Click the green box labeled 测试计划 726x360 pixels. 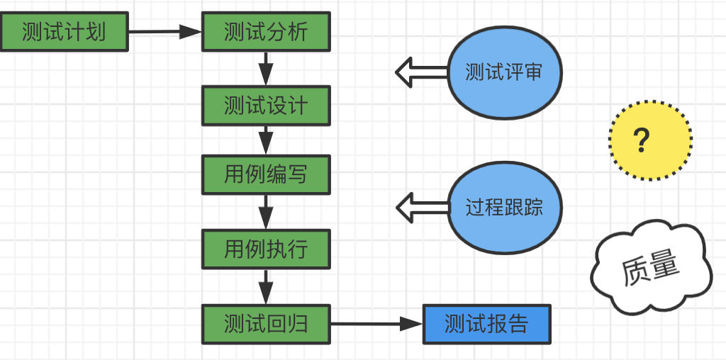coord(64,32)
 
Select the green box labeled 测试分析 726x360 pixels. coord(266,32)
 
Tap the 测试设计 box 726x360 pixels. coord(266,106)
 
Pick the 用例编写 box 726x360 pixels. coord(266,174)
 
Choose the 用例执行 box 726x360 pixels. coord(266,249)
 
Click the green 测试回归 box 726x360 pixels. coord(266,324)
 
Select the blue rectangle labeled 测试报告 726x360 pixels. coord(486,324)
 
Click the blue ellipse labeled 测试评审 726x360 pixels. coord(504,72)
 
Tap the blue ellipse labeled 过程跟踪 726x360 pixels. coord(504,208)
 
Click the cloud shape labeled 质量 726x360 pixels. coord(650,269)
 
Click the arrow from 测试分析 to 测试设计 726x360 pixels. coord(266,69)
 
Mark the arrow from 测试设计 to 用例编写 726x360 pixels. coord(266,140)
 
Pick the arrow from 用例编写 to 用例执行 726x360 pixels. coord(266,211)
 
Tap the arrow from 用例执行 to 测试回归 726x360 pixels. coord(266,286)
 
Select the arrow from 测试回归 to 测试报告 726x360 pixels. coord(376,324)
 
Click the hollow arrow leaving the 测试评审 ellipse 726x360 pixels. coord(421,72)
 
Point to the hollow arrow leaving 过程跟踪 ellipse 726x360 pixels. coord(421,208)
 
